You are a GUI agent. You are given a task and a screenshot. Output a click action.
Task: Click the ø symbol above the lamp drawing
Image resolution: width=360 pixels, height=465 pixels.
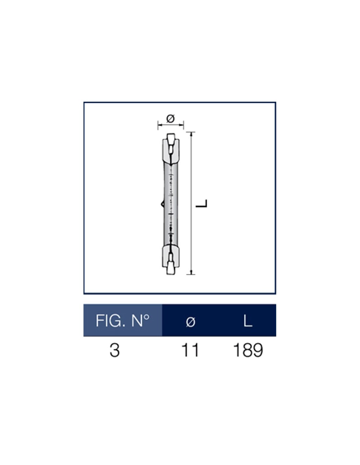tap(171, 118)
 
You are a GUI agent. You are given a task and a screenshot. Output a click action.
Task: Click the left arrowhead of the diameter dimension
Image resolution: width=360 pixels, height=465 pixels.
tap(160, 124)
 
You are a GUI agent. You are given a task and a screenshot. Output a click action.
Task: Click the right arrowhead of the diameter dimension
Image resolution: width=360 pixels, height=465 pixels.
tap(182, 124)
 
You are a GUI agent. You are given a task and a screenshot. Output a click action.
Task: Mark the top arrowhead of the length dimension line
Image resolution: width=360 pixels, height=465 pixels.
tap(191, 134)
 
